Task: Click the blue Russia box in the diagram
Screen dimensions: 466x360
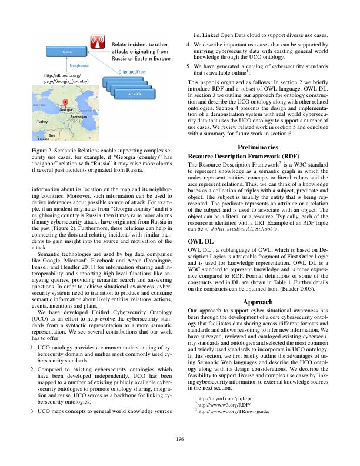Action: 66,52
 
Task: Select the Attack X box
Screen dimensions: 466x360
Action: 135,94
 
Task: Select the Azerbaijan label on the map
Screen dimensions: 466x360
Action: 78,116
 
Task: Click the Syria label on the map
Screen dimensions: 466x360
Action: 52,135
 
